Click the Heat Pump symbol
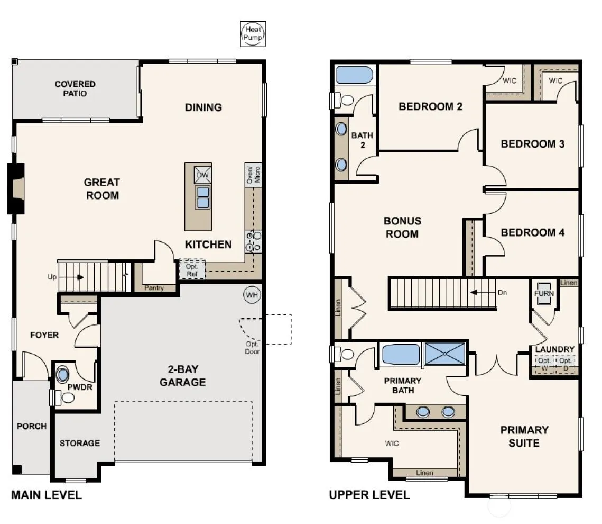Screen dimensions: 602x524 click(253, 34)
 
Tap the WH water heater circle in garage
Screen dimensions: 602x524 click(252, 295)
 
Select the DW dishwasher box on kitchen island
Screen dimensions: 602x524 click(202, 175)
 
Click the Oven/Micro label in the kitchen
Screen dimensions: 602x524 click(253, 175)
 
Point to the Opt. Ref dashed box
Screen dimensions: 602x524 click(192, 270)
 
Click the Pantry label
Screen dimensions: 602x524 click(154, 287)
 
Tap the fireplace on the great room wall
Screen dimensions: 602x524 click(16, 189)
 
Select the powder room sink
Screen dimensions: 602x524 click(62, 374)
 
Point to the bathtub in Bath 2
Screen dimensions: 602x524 click(355, 75)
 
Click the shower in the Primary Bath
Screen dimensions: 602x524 click(444, 354)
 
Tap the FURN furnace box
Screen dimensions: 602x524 click(544, 294)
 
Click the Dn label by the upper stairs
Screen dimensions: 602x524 click(502, 293)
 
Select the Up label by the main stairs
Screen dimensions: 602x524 click(52, 277)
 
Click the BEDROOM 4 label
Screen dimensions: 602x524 click(533, 232)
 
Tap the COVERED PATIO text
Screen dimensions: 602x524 click(75, 89)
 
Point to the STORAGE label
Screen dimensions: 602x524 click(79, 443)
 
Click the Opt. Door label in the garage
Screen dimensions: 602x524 click(252, 348)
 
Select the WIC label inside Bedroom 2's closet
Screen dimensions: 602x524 click(510, 81)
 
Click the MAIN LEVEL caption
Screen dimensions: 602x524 click(47, 495)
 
